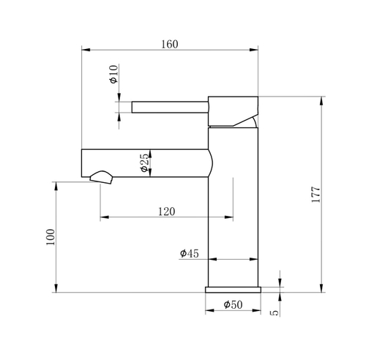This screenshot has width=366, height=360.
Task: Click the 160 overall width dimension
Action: click(168, 43)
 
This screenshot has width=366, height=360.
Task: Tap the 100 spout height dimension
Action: click(51, 238)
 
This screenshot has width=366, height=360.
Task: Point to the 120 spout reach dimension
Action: click(166, 211)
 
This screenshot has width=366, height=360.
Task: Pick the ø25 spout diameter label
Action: click(145, 162)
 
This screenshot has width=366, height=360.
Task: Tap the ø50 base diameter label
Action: click(233, 304)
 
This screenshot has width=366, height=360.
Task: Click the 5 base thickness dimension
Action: click(275, 312)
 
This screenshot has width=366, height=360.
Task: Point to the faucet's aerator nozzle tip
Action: click(100, 178)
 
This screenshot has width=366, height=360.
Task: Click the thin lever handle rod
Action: click(168, 107)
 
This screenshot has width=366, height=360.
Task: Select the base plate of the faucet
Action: click(233, 289)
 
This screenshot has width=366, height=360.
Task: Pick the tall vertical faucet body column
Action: click(234, 212)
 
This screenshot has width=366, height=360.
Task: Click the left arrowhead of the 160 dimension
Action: click(83, 50)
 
